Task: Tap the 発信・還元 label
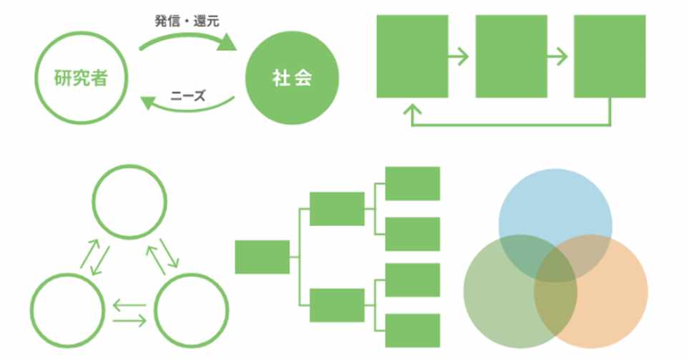[x=187, y=21]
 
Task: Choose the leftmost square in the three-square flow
[x=412, y=56]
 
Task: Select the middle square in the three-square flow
[x=511, y=56]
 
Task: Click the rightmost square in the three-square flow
[x=610, y=56]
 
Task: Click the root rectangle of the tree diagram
[x=262, y=257]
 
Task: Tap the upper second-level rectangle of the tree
[x=337, y=208]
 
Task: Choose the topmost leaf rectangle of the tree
[x=413, y=183]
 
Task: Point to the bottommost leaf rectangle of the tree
[x=413, y=330]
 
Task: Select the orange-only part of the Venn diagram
[x=615, y=301]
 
